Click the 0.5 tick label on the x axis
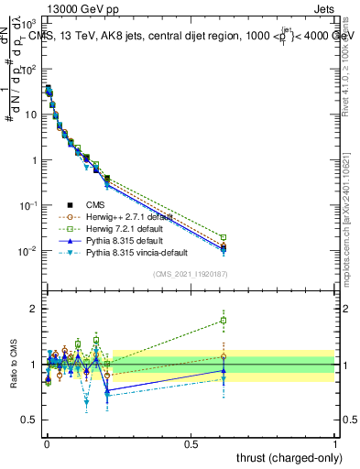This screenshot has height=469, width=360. click(191, 443)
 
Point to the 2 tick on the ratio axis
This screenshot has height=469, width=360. click(34, 309)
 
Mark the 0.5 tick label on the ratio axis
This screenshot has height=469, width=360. click(29, 420)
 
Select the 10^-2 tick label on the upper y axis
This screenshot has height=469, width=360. click(29, 250)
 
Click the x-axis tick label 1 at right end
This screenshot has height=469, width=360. click(335, 443)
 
